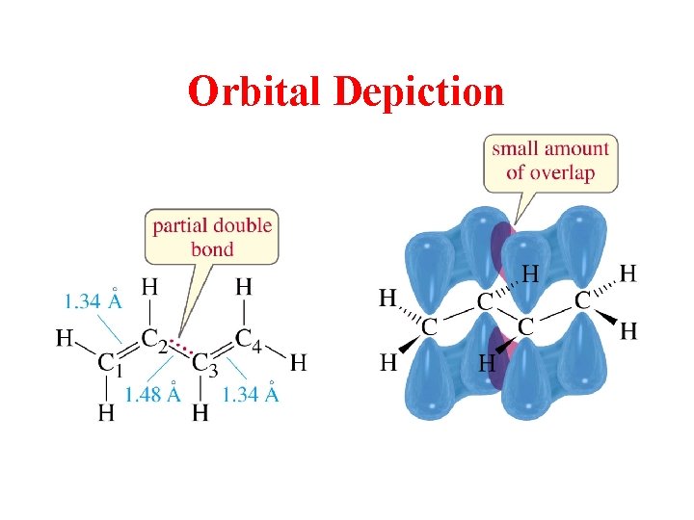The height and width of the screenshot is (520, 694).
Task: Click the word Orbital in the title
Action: click(256, 92)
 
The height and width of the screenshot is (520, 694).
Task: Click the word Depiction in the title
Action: click(418, 92)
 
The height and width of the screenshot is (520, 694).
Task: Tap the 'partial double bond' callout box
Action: click(212, 237)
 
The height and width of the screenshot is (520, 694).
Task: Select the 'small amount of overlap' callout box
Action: click(550, 162)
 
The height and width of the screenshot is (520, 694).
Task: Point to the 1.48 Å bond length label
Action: click(151, 395)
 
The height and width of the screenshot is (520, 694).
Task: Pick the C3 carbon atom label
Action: click(205, 363)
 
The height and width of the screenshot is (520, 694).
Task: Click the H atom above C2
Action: click(150, 286)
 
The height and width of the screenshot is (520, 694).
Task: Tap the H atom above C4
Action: click(244, 286)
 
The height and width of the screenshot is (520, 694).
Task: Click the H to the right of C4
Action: click(299, 363)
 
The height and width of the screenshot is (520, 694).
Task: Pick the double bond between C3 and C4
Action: click(225, 351)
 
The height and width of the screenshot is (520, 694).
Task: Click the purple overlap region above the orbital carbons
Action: click(502, 247)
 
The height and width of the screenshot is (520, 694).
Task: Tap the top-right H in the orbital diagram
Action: click(627, 273)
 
